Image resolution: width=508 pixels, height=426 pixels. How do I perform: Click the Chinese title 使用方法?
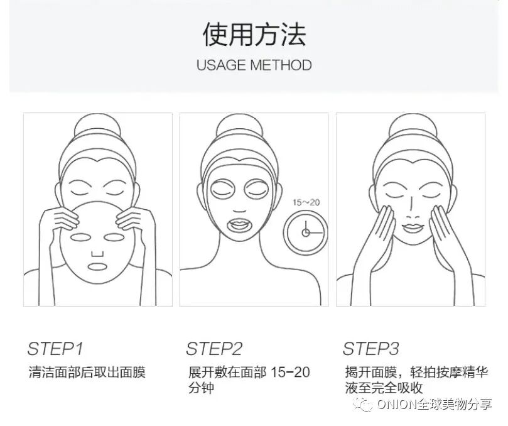click(x=254, y=35)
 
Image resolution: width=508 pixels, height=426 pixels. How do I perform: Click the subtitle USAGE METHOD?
click(x=254, y=65)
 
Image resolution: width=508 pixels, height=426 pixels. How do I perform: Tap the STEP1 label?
click(x=55, y=349)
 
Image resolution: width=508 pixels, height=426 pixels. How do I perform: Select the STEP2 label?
click(x=214, y=349)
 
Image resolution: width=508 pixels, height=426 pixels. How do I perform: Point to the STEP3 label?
click(x=371, y=349)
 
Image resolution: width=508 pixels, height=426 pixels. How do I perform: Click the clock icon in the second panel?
click(x=305, y=232)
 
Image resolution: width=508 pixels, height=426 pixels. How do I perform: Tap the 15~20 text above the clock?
click(x=306, y=202)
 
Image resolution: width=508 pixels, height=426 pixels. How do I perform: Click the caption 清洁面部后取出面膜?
click(x=87, y=372)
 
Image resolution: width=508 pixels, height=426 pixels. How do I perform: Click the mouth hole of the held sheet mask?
click(x=97, y=266)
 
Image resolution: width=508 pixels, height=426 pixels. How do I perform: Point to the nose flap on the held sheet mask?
click(x=97, y=253)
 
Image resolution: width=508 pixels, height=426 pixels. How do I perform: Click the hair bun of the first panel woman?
click(x=97, y=125)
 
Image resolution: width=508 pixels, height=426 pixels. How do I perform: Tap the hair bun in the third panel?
click(x=412, y=125)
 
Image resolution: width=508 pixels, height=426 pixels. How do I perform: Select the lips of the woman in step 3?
click(x=412, y=227)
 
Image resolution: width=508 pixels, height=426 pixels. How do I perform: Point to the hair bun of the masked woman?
click(x=239, y=125)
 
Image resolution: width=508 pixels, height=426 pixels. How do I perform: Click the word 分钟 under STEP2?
click(x=201, y=388)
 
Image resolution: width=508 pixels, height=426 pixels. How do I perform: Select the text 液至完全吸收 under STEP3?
click(x=384, y=388)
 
